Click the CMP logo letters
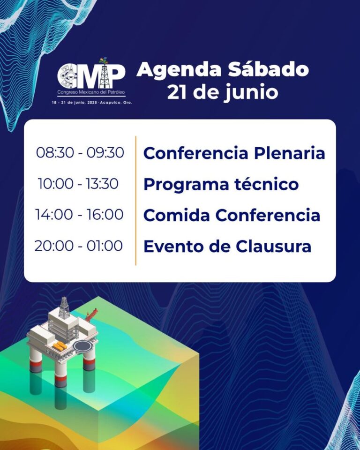click(x=91, y=75)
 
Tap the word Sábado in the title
click(x=268, y=69)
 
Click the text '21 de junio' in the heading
click(x=223, y=93)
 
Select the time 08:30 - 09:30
click(x=80, y=152)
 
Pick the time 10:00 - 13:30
click(x=78, y=184)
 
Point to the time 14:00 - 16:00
click(x=79, y=215)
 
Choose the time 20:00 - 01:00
click(x=79, y=246)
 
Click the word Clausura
click(x=274, y=246)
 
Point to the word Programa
click(x=186, y=185)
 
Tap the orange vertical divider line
click(x=136, y=201)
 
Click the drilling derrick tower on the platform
click(x=65, y=307)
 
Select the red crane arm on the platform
click(x=91, y=314)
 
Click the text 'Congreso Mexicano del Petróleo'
click(x=91, y=92)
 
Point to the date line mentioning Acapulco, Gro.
click(x=92, y=103)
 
